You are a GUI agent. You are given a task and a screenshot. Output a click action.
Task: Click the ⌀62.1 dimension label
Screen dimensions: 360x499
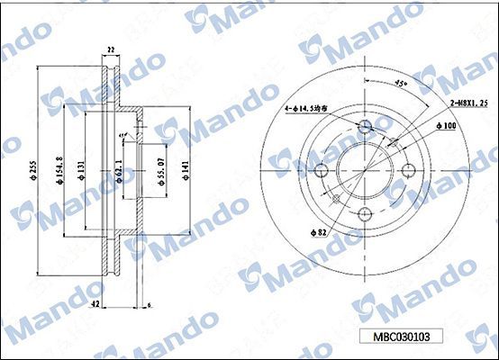coord(119,169)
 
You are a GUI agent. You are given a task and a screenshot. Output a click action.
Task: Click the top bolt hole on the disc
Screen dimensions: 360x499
coord(366,126)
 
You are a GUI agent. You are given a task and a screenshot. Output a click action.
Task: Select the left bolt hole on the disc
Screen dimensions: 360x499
coord(322,169)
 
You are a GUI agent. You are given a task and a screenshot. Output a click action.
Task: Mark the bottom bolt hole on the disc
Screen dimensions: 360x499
coord(366,213)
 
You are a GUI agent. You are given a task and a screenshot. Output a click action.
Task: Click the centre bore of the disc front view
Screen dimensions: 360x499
coord(366,169)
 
